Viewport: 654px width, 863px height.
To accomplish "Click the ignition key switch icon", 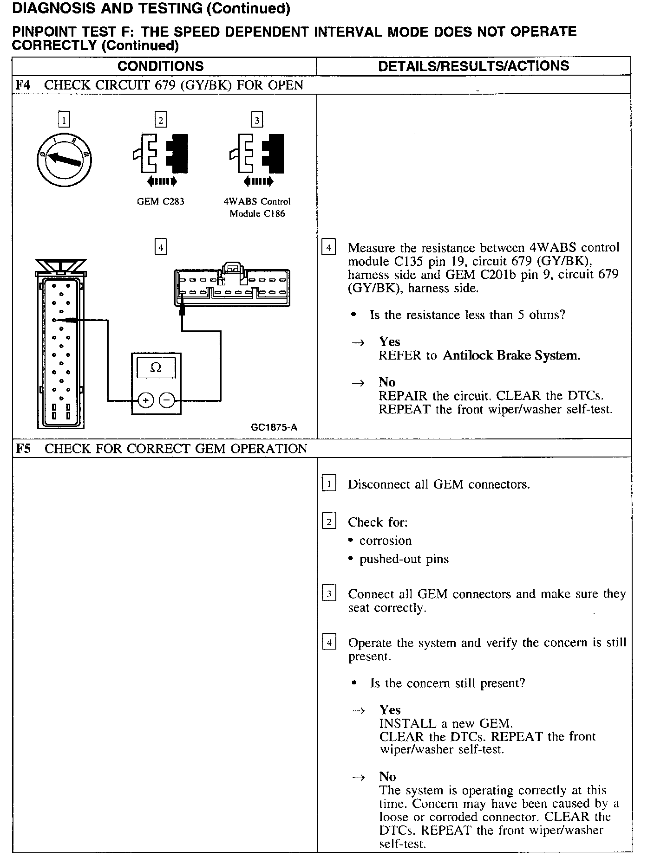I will [64, 159].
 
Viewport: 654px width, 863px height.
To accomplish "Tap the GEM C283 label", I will [160, 201].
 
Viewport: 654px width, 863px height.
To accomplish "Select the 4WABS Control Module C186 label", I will [257, 207].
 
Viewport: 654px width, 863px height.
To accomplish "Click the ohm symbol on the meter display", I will [156, 368].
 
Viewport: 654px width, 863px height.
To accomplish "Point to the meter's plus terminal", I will [145, 400].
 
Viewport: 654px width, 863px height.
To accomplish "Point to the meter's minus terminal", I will [167, 400].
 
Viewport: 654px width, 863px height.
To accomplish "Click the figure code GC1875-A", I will [274, 428].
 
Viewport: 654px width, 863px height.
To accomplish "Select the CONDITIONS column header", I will [160, 66].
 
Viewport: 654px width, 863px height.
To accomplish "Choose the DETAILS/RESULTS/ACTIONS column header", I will [473, 66].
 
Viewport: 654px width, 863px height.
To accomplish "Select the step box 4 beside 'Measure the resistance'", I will [328, 247].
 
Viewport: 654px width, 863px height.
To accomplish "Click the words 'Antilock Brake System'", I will [511, 355].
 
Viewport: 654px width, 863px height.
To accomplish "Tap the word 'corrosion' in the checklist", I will [386, 541].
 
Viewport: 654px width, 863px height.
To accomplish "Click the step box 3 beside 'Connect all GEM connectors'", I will [329, 594].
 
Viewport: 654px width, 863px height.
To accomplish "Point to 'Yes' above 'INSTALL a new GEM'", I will [390, 710].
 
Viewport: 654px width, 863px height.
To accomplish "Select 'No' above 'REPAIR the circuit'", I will [387, 382].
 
